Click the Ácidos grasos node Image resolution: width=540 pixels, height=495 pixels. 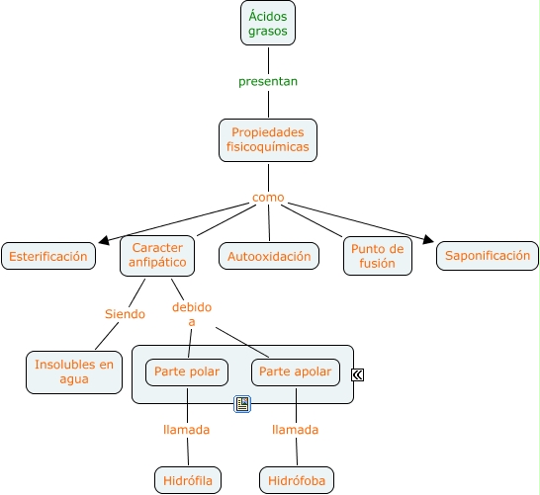click(x=268, y=23)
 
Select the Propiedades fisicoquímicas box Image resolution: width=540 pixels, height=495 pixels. click(x=268, y=140)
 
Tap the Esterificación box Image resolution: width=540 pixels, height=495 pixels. click(x=48, y=256)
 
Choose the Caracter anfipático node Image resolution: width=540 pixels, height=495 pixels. click(x=157, y=256)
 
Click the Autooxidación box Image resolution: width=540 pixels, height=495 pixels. click(x=269, y=256)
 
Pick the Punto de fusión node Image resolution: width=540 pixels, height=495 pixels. click(x=378, y=256)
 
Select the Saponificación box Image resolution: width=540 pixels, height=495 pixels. click(x=488, y=256)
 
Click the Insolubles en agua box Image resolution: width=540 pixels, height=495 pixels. click(x=74, y=372)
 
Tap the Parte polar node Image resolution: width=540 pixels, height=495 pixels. click(x=187, y=372)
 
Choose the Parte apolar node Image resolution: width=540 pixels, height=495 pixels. click(x=296, y=372)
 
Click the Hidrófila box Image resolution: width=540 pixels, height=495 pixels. click(x=188, y=480)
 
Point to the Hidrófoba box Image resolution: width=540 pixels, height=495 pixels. click(x=297, y=480)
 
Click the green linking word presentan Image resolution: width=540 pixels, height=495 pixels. click(x=268, y=82)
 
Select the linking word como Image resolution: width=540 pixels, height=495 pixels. click(x=268, y=198)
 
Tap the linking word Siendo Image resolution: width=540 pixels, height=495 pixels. click(x=125, y=314)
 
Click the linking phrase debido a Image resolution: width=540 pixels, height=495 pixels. click(x=192, y=314)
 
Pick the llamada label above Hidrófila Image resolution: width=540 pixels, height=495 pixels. click(x=186, y=430)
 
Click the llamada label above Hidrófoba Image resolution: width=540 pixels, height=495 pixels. click(x=295, y=430)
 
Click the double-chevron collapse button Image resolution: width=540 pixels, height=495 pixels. click(x=357, y=374)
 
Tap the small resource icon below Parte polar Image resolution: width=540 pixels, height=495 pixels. click(x=242, y=404)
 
